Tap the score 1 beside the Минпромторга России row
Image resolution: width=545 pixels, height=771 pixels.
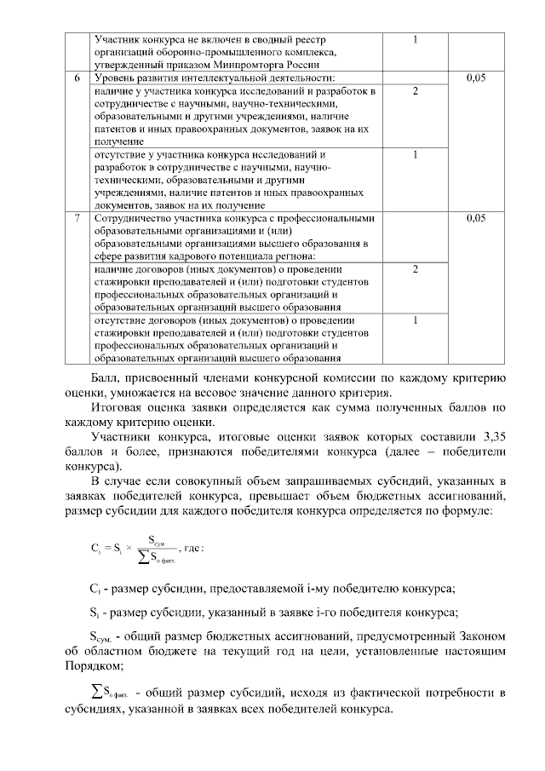[x=415, y=39]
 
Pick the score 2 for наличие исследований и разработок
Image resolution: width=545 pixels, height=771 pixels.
[x=415, y=90]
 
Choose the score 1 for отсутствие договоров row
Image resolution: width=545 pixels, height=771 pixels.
[x=415, y=320]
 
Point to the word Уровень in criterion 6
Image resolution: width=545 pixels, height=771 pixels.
[x=114, y=78]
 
